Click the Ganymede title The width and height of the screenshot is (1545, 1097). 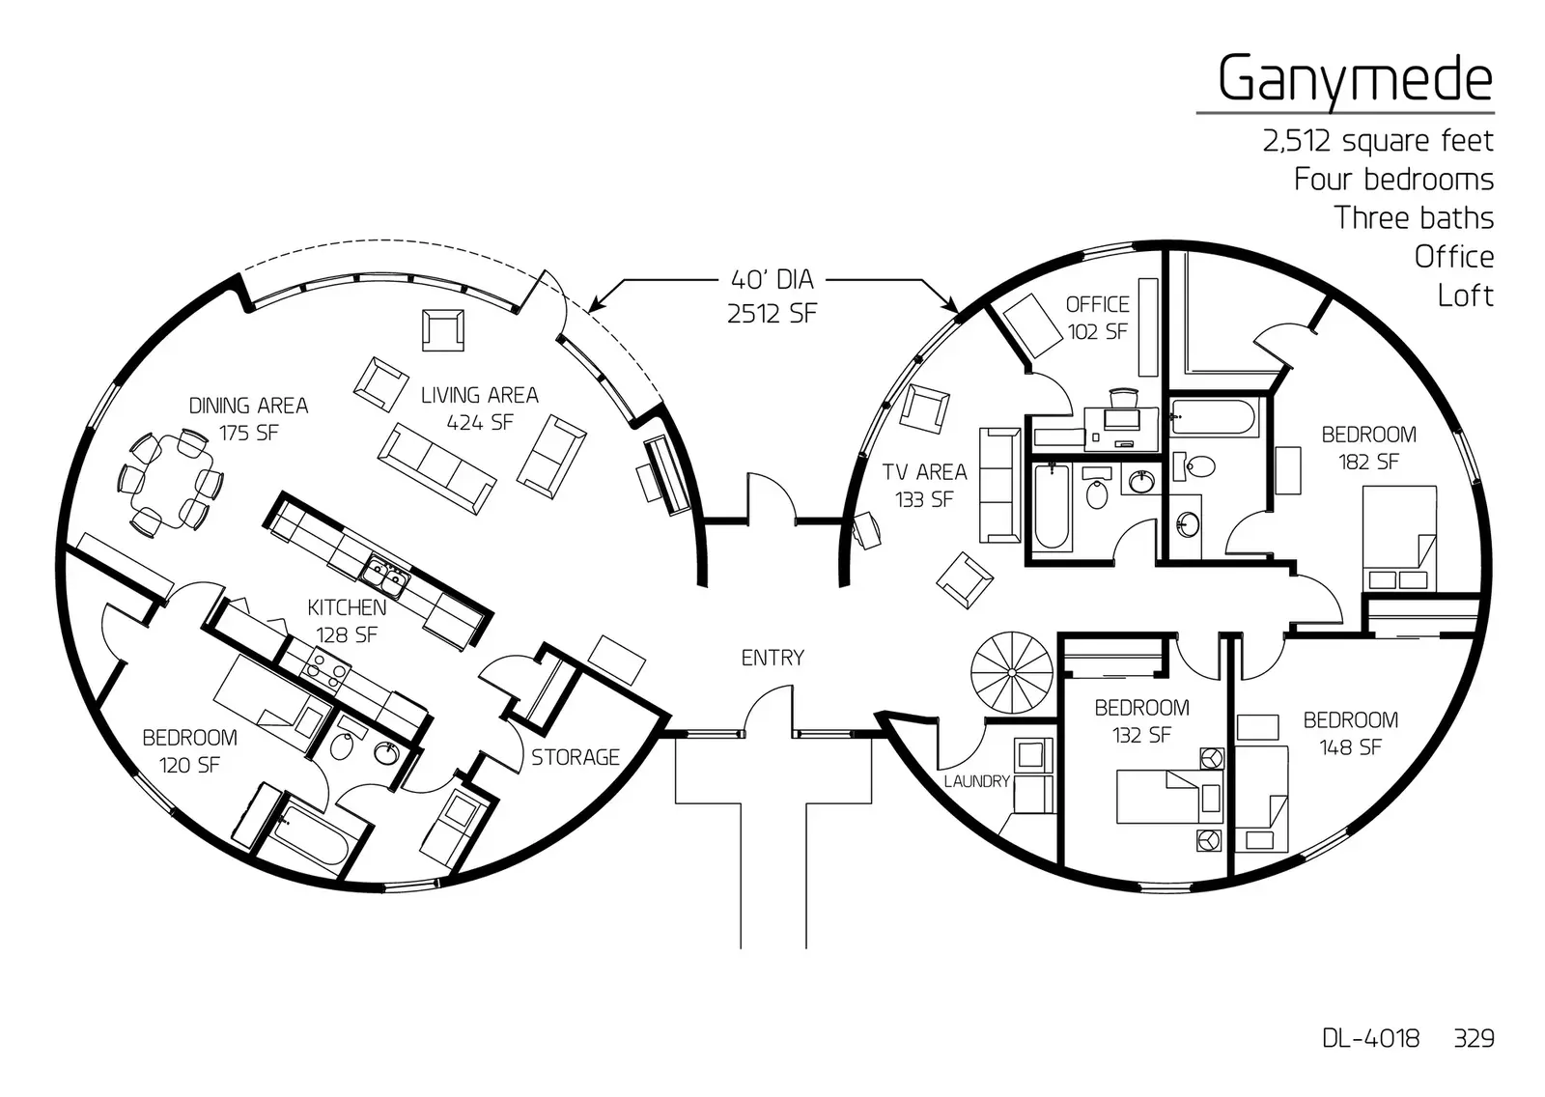coord(1354,79)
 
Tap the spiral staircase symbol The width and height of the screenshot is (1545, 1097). coord(1011,671)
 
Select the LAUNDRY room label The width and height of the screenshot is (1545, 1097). coord(976,781)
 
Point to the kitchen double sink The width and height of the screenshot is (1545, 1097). coord(384,578)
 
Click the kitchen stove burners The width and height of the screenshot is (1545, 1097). coord(324,667)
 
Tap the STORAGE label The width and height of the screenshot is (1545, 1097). coord(575,757)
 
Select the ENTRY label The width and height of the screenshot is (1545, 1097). coord(772,658)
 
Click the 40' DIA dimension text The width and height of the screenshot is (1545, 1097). coord(772,280)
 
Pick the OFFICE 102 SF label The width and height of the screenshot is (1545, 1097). coord(1097,318)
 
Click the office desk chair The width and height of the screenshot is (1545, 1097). coord(1124,397)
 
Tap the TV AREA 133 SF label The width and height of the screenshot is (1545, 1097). coord(924,485)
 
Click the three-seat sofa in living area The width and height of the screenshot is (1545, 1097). coord(436,467)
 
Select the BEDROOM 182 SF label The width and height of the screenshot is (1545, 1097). coord(1368,448)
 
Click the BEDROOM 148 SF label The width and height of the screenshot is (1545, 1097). coord(1350,733)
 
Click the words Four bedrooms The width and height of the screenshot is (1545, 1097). coord(1392,180)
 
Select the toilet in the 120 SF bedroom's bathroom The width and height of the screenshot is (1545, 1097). coord(343,745)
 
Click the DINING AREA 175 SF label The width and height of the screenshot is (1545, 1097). coord(248,419)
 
